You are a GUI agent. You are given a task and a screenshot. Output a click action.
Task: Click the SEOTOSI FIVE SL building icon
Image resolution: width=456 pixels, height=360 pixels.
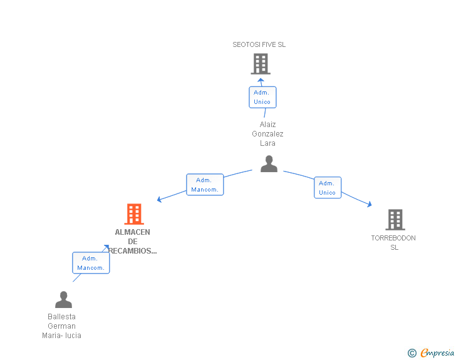(261, 63)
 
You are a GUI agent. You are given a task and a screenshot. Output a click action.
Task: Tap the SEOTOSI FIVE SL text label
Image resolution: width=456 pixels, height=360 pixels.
(259, 45)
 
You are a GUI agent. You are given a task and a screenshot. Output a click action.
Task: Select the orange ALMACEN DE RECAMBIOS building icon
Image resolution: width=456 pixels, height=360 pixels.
(133, 214)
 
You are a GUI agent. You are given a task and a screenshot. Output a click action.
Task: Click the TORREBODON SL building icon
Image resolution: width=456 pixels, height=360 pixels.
(395, 220)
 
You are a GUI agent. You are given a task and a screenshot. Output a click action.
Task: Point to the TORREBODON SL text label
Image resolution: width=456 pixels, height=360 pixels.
(393, 242)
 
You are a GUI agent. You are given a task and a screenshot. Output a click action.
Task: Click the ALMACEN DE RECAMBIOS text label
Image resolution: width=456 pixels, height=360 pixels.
(133, 242)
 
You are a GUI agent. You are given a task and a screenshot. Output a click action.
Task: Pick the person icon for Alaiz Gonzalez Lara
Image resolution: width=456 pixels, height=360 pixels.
(269, 164)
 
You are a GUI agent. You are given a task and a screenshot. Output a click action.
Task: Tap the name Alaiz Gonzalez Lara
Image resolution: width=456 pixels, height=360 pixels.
(267, 134)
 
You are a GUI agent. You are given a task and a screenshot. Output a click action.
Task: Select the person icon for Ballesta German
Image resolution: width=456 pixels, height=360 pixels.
(63, 300)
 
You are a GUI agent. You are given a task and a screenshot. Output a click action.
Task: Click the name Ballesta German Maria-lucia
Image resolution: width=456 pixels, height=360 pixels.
(61, 326)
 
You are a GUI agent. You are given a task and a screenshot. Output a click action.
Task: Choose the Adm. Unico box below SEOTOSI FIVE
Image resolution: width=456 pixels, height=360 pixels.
(262, 97)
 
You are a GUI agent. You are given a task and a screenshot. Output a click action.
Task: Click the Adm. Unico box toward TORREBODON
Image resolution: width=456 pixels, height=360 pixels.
(327, 188)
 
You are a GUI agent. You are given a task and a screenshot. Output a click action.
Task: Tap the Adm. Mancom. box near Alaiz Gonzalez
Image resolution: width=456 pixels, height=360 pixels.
(205, 185)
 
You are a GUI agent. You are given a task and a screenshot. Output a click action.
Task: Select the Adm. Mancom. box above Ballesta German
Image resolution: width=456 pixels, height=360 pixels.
(91, 263)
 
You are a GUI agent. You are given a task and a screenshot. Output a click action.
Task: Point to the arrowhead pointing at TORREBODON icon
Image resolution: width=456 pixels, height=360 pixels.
(370, 203)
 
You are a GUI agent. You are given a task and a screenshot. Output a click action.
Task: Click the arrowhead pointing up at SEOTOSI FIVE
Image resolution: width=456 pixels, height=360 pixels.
(261, 80)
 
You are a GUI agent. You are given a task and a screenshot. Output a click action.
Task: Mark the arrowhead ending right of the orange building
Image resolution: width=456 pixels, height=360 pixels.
(160, 200)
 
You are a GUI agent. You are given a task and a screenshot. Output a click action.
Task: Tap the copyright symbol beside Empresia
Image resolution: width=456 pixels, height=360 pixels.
(412, 353)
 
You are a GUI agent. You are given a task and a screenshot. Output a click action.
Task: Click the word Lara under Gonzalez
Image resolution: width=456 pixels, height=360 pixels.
(267, 143)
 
